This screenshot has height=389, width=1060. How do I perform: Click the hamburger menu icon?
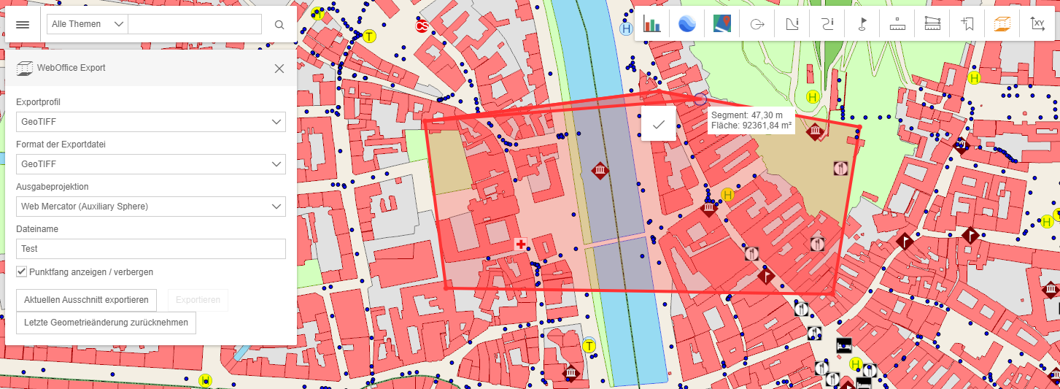tap(23, 24)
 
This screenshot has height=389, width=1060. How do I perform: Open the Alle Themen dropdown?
tap(87, 24)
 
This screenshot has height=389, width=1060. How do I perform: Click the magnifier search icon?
tap(279, 25)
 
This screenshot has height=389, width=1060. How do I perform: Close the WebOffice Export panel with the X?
tap(279, 69)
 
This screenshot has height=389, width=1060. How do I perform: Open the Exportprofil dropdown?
tap(151, 122)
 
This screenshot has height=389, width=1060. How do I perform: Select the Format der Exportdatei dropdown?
tap(151, 164)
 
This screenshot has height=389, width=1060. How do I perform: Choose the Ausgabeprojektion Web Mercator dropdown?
tap(151, 207)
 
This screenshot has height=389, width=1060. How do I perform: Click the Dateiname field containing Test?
tap(151, 249)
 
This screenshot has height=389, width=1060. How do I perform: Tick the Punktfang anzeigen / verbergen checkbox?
tap(22, 271)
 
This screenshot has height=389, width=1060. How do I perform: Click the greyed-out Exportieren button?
tap(198, 300)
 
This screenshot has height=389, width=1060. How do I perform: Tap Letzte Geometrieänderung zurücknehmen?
tap(106, 323)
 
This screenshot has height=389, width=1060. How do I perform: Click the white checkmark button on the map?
tap(658, 124)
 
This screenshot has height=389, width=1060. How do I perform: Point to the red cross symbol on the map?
tap(520, 244)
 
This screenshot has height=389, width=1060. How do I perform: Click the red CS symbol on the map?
tap(422, 27)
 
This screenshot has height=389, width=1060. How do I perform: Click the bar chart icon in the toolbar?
tap(651, 25)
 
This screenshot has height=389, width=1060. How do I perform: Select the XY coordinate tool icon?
tap(1037, 25)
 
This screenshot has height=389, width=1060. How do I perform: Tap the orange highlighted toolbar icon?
tap(1002, 25)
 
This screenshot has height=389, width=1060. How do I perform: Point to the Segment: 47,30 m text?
tap(746, 115)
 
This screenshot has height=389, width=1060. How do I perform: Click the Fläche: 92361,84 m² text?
tap(751, 126)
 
